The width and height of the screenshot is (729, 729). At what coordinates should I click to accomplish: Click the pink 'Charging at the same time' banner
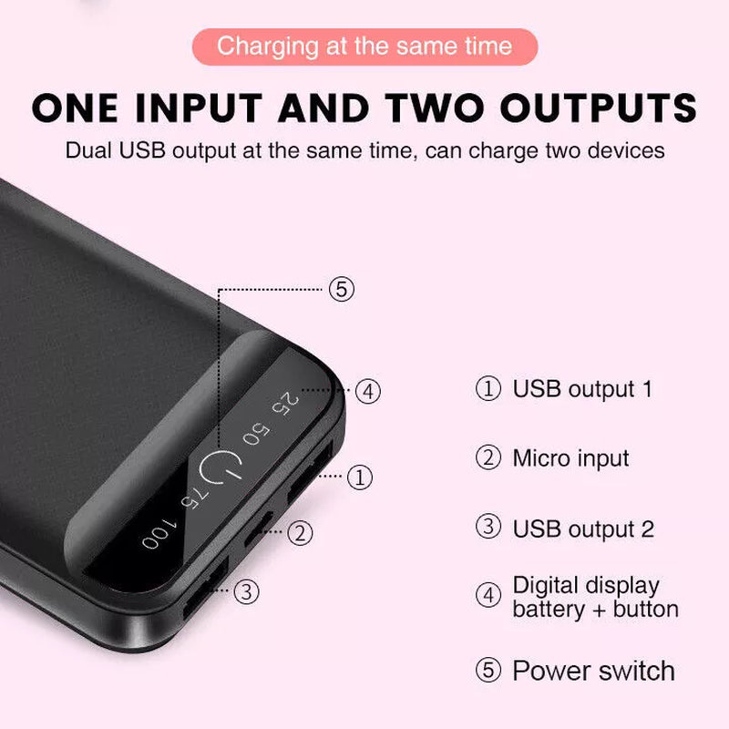pos(364,46)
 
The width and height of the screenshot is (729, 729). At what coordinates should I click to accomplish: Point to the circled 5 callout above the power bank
pos(341,290)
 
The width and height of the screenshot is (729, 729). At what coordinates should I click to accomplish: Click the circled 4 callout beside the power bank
pos(366,392)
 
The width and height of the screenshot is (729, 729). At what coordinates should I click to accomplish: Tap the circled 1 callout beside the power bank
pos(361,476)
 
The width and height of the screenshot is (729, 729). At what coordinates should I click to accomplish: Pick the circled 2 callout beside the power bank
pos(301,532)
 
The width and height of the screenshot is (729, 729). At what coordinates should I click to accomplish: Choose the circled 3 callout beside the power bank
pos(246,592)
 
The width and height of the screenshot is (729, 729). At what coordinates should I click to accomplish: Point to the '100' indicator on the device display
pos(157,536)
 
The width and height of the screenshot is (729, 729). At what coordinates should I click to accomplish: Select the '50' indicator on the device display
pos(256,434)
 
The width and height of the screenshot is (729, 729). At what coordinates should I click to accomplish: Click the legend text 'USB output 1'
pos(582,389)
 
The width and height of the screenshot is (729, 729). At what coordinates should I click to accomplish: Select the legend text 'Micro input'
pos(570,457)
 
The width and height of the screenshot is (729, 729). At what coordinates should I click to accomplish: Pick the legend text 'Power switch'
pos(593,672)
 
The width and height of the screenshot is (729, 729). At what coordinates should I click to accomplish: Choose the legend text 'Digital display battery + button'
pos(595,597)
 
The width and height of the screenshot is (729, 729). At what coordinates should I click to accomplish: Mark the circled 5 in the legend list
pos(489,672)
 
